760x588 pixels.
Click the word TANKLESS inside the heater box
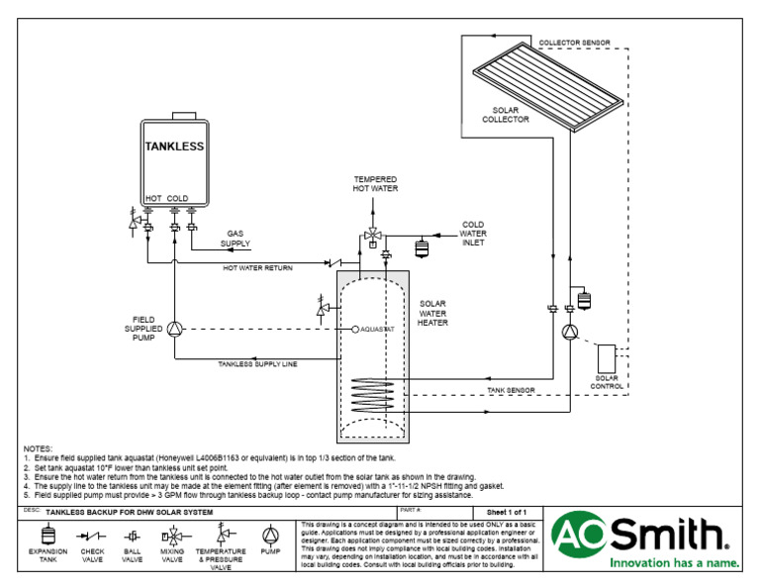pyautogui.click(x=174, y=147)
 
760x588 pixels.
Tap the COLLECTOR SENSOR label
pyautogui.click(x=574, y=44)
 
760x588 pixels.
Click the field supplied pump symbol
pyautogui.click(x=174, y=329)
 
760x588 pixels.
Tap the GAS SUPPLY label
pyautogui.click(x=236, y=239)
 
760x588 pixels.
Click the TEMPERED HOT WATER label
pyautogui.click(x=375, y=183)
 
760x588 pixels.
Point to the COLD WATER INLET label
pyautogui.click(x=473, y=233)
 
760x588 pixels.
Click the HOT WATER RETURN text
pyautogui.click(x=257, y=267)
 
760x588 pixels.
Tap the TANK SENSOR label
pyautogui.click(x=511, y=391)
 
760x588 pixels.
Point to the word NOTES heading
pyautogui.click(x=39, y=448)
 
